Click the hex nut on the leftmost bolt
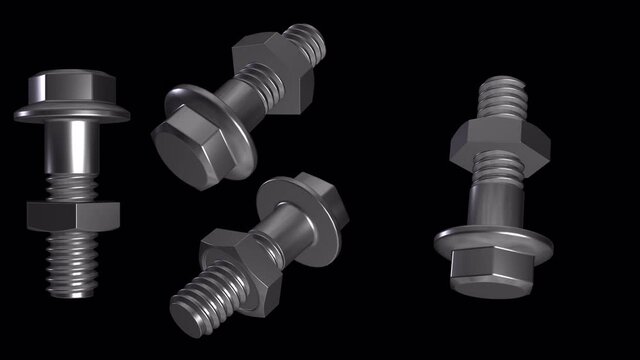(x=73, y=215)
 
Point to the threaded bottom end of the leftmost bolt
(x=72, y=266)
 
